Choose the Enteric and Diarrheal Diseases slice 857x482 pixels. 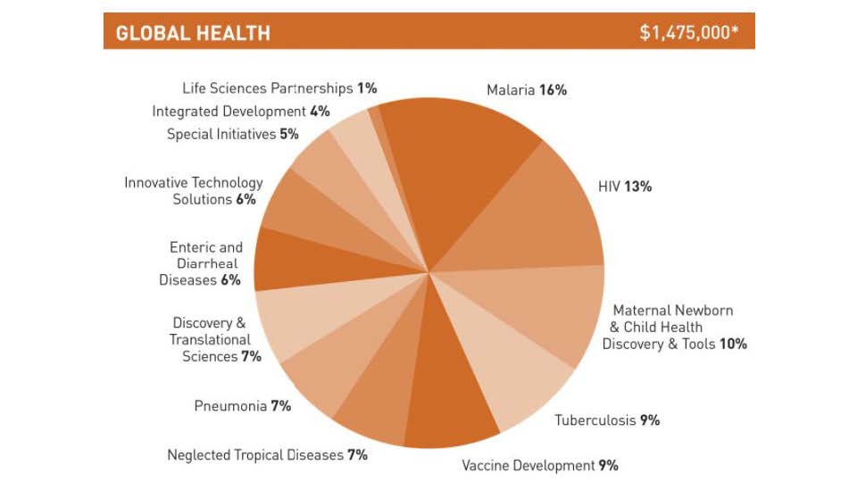pos(295,259)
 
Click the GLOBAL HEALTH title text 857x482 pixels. pos(193,34)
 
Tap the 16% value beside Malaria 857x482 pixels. pos(553,90)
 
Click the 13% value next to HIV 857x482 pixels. pos(638,187)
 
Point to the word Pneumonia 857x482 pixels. pos(230,406)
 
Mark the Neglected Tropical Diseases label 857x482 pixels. pos(267,455)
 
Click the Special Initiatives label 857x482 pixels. pos(232,135)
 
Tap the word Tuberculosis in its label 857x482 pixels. pos(595,420)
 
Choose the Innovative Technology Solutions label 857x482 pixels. pos(194,191)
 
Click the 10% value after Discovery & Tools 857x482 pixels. pos(733,344)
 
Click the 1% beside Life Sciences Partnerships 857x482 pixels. pos(367,88)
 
